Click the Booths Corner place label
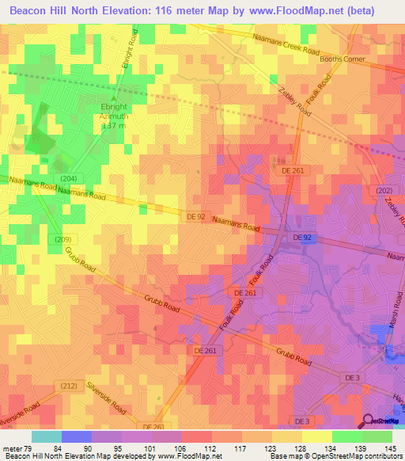click(341, 59)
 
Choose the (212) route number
click(69, 386)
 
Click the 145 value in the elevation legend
click(391, 449)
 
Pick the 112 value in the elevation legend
click(211, 449)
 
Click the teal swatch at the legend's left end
click(46, 436)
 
